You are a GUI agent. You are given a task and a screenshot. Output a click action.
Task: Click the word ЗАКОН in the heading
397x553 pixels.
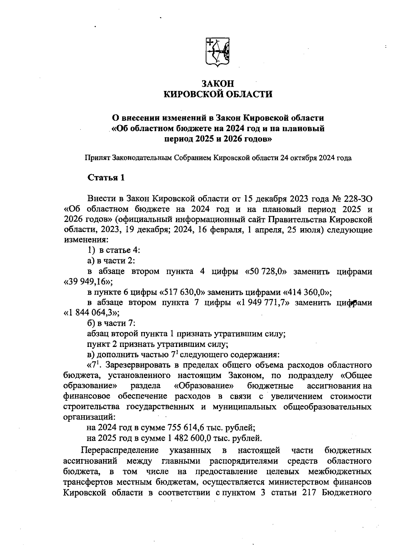(218, 83)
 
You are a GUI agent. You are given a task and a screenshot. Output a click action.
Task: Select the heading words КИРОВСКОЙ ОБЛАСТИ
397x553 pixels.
(218, 95)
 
